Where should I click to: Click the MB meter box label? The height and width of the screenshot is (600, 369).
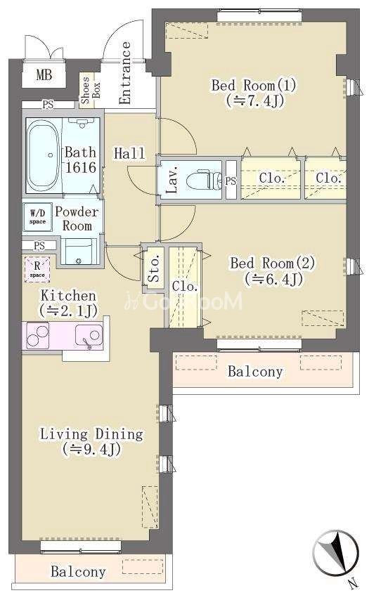pyautogui.click(x=44, y=74)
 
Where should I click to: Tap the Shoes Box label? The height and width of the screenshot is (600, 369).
pyautogui.click(x=90, y=91)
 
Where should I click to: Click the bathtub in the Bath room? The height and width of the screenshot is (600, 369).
pyautogui.click(x=44, y=155)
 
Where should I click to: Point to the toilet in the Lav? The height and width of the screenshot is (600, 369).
pyautogui.click(x=204, y=179)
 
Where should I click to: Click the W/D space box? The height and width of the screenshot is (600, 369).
pyautogui.click(x=37, y=217)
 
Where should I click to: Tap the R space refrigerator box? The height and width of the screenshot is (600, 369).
pyautogui.click(x=37, y=269)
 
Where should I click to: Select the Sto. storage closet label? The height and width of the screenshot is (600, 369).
pyautogui.click(x=154, y=268)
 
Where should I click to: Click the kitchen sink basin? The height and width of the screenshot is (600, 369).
pyautogui.click(x=89, y=335)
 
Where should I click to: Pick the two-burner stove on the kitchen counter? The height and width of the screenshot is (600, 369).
pyautogui.click(x=37, y=335)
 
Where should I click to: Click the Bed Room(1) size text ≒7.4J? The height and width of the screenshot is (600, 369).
pyautogui.click(x=254, y=100)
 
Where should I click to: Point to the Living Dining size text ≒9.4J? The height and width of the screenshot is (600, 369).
pyautogui.click(x=92, y=449)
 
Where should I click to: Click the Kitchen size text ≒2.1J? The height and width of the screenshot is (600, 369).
pyautogui.click(x=68, y=311)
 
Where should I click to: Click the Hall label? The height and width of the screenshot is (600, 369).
pyautogui.click(x=129, y=154)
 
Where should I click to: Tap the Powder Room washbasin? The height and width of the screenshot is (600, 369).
pyautogui.click(x=79, y=251)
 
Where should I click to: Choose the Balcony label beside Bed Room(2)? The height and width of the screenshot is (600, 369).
pyautogui.click(x=255, y=371)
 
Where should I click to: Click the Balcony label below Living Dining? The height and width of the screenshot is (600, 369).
pyautogui.click(x=78, y=572)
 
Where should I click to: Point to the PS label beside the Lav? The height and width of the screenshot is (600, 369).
pyautogui.click(x=231, y=181)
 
